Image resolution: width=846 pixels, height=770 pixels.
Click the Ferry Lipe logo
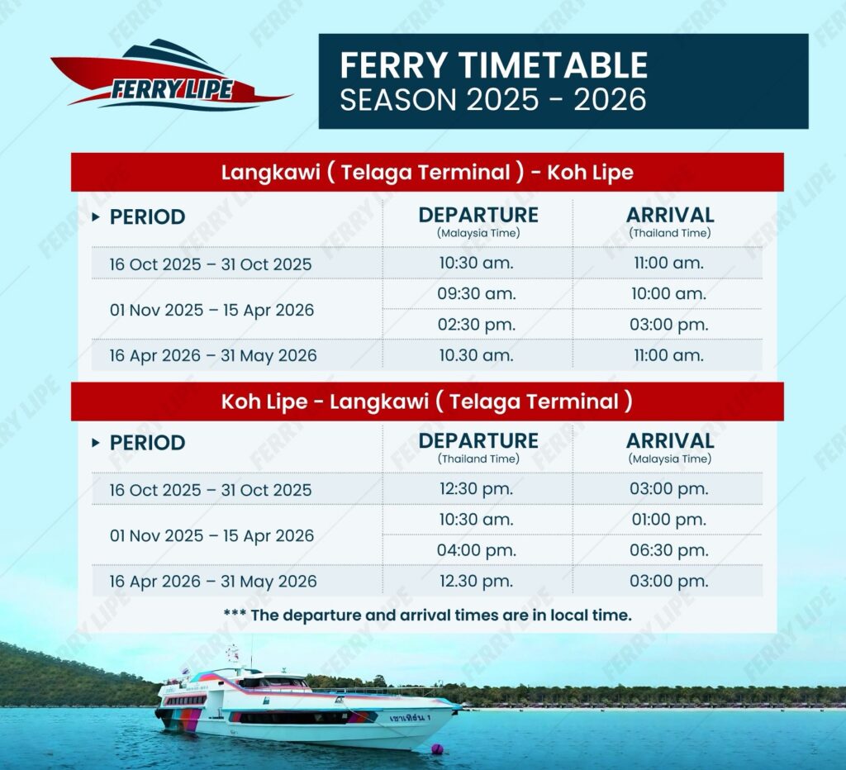172,75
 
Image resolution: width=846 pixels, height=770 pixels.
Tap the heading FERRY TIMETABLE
494,64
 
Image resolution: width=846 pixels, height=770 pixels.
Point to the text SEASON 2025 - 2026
493,100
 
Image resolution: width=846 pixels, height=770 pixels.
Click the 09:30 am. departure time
477,294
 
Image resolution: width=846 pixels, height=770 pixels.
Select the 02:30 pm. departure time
477,325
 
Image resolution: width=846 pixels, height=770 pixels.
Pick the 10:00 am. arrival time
669,294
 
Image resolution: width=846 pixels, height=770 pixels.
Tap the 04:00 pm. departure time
477,550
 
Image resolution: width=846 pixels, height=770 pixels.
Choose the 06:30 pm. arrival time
669,550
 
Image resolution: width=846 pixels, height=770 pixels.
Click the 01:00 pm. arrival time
669,520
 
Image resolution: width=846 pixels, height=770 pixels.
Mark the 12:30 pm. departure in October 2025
477,489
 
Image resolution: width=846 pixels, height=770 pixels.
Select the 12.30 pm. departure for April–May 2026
477,581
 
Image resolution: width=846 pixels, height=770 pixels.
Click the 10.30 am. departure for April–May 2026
477,355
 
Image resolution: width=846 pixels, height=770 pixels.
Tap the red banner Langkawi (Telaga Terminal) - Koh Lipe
427,172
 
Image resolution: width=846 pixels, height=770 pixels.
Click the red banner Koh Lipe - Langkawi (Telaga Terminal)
427,402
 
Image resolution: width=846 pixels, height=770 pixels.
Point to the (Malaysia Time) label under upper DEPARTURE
478,233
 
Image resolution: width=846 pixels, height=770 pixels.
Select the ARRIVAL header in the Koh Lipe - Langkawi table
670,441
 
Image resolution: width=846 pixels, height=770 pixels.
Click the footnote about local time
427,616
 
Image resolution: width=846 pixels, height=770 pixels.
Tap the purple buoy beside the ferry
437,749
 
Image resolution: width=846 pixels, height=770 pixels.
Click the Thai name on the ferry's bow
410,718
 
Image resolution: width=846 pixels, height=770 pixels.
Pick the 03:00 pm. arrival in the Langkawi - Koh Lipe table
669,325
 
